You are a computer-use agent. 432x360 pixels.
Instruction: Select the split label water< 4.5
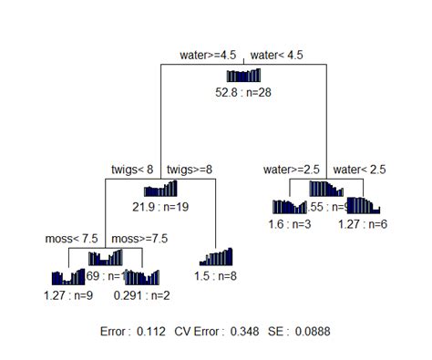pyautogui.click(x=276, y=56)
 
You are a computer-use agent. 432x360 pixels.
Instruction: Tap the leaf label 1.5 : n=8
pyautogui.click(x=216, y=276)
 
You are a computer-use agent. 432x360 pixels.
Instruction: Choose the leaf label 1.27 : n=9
pyautogui.click(x=68, y=294)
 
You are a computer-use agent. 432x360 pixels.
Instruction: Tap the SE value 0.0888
pyautogui.click(x=314, y=333)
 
